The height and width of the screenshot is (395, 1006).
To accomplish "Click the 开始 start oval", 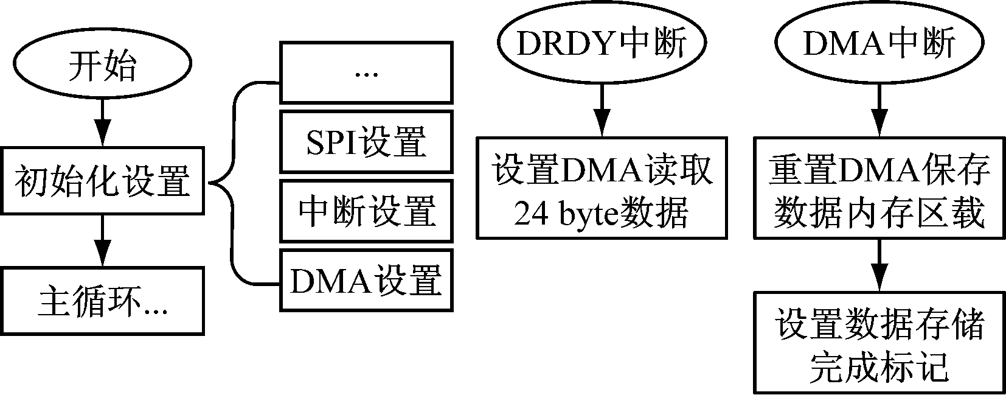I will click(x=102, y=65).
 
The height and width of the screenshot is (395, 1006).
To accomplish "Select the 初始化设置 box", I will click(x=102, y=181).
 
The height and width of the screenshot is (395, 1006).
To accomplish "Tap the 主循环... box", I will click(x=102, y=301).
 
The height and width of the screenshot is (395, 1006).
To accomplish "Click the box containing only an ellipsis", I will click(x=366, y=72).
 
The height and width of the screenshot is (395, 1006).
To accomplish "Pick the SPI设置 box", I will click(x=366, y=142).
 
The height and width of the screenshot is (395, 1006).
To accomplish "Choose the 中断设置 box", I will click(x=366, y=211).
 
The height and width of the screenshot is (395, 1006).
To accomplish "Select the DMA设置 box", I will click(x=366, y=280).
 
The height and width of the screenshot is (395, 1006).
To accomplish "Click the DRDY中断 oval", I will click(x=602, y=43).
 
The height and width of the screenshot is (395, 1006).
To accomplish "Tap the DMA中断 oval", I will click(x=879, y=43).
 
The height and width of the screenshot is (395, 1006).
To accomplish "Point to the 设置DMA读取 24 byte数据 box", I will click(x=602, y=187).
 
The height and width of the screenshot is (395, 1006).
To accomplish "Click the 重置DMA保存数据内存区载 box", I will click(x=879, y=187).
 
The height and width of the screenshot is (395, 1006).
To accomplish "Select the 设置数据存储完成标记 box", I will click(x=879, y=341).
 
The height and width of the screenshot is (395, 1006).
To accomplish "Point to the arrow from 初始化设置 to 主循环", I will click(x=102, y=240).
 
